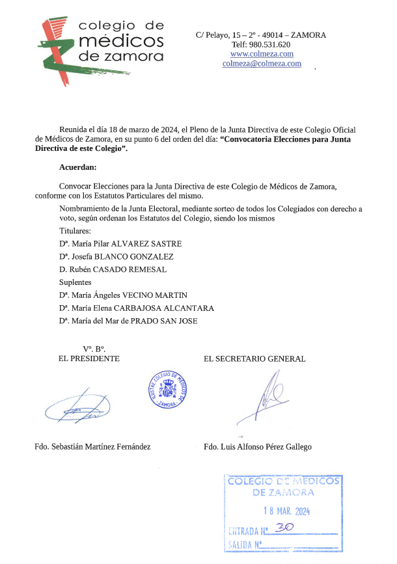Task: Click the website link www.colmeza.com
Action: coord(262,54)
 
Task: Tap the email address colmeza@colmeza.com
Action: coord(262,64)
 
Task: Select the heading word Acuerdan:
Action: coord(77,168)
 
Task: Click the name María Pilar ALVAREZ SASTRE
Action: coord(120,243)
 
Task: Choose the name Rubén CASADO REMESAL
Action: coord(113,269)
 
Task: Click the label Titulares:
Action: coord(75,231)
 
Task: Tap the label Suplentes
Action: coord(75,282)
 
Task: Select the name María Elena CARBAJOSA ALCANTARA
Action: coord(136,308)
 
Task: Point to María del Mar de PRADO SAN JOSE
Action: coord(128,321)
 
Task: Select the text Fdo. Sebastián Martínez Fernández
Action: coord(92,447)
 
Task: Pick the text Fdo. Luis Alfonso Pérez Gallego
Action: coord(258,447)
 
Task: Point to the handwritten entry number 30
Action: coord(284,528)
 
